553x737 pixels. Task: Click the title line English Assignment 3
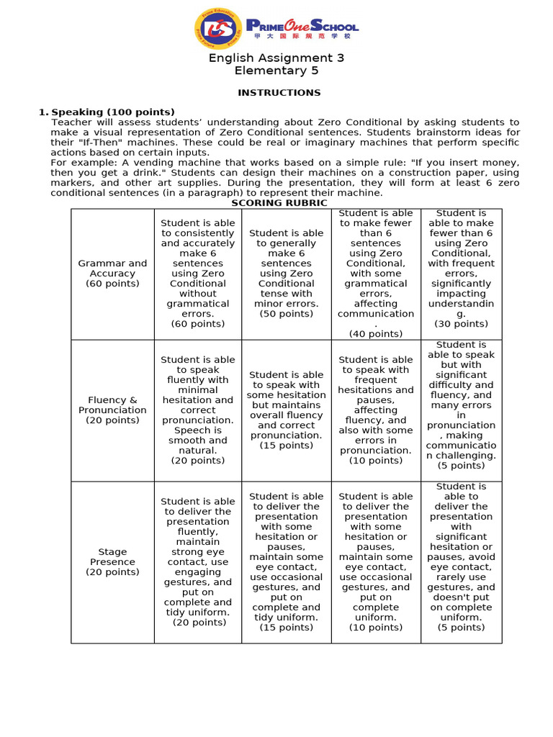[276, 58]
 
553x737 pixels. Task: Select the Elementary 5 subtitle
[276, 71]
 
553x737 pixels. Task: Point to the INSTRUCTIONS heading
[279, 93]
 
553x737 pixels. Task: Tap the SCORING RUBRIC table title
[279, 203]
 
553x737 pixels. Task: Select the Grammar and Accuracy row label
[112, 273]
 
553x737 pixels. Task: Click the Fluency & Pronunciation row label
[112, 410]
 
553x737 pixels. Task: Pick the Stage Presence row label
[112, 562]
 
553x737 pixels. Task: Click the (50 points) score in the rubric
[286, 314]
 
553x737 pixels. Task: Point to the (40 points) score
[375, 334]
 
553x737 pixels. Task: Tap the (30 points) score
[461, 324]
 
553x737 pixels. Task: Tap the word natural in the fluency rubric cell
[197, 451]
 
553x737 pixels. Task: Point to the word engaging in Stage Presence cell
[198, 572]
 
